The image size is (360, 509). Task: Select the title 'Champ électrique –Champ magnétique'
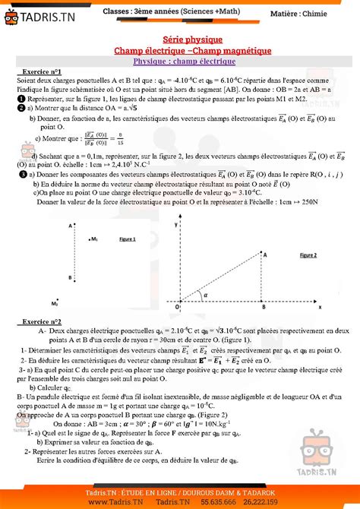(180, 49)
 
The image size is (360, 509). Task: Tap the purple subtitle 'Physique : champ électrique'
(180, 60)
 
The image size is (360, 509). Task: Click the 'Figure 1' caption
(128, 239)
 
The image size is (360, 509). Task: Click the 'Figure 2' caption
(308, 255)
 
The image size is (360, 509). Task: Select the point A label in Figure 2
(265, 256)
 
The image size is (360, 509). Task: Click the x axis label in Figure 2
(320, 307)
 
